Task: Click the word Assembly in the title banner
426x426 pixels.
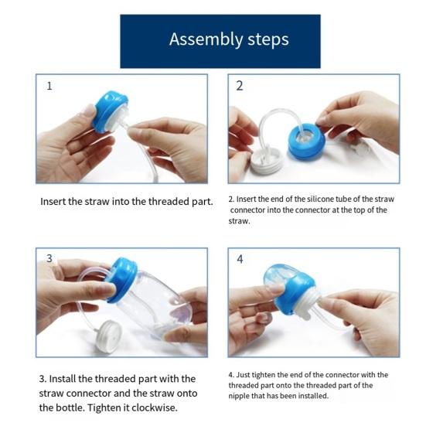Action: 198,39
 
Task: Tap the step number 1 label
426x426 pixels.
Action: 49,86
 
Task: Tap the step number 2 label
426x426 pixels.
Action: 240,86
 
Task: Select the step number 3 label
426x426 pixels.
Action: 49,258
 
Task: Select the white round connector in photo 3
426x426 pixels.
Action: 109,335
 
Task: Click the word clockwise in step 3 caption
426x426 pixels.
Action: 167,407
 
